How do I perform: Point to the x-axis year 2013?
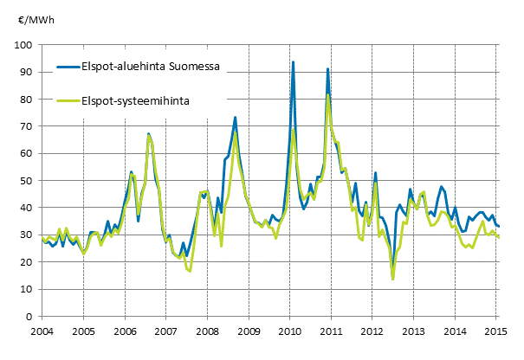point(414,331)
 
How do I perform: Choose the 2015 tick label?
point(496,331)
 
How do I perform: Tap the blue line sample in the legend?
point(67,65)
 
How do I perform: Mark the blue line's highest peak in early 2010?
point(294,62)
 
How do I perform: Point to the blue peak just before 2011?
point(327,68)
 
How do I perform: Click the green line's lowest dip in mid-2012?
point(392,279)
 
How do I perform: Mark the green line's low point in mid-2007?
point(190,271)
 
